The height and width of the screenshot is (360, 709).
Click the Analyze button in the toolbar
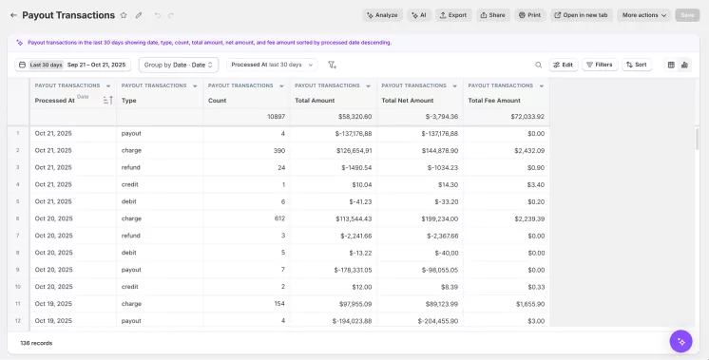382,15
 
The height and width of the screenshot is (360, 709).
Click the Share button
492,15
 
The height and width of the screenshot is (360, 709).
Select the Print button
529,15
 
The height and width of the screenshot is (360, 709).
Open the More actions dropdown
644,15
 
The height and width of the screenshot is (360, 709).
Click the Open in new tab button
581,15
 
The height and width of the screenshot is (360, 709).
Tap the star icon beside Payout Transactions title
125,15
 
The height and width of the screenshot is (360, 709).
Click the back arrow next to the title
13,15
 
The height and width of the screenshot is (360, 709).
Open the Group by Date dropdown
179,65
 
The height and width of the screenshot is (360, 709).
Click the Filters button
599,65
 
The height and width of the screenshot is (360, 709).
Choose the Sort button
636,65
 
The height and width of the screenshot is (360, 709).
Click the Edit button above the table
563,65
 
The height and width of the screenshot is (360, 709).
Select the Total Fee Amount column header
494,100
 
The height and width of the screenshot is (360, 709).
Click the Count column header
218,100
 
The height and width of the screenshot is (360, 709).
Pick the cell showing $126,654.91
334,150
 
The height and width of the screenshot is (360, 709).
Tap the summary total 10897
276,116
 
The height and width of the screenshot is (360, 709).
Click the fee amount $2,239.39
523,218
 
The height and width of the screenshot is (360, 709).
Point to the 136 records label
36,342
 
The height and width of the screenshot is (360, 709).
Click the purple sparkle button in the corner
680,341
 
